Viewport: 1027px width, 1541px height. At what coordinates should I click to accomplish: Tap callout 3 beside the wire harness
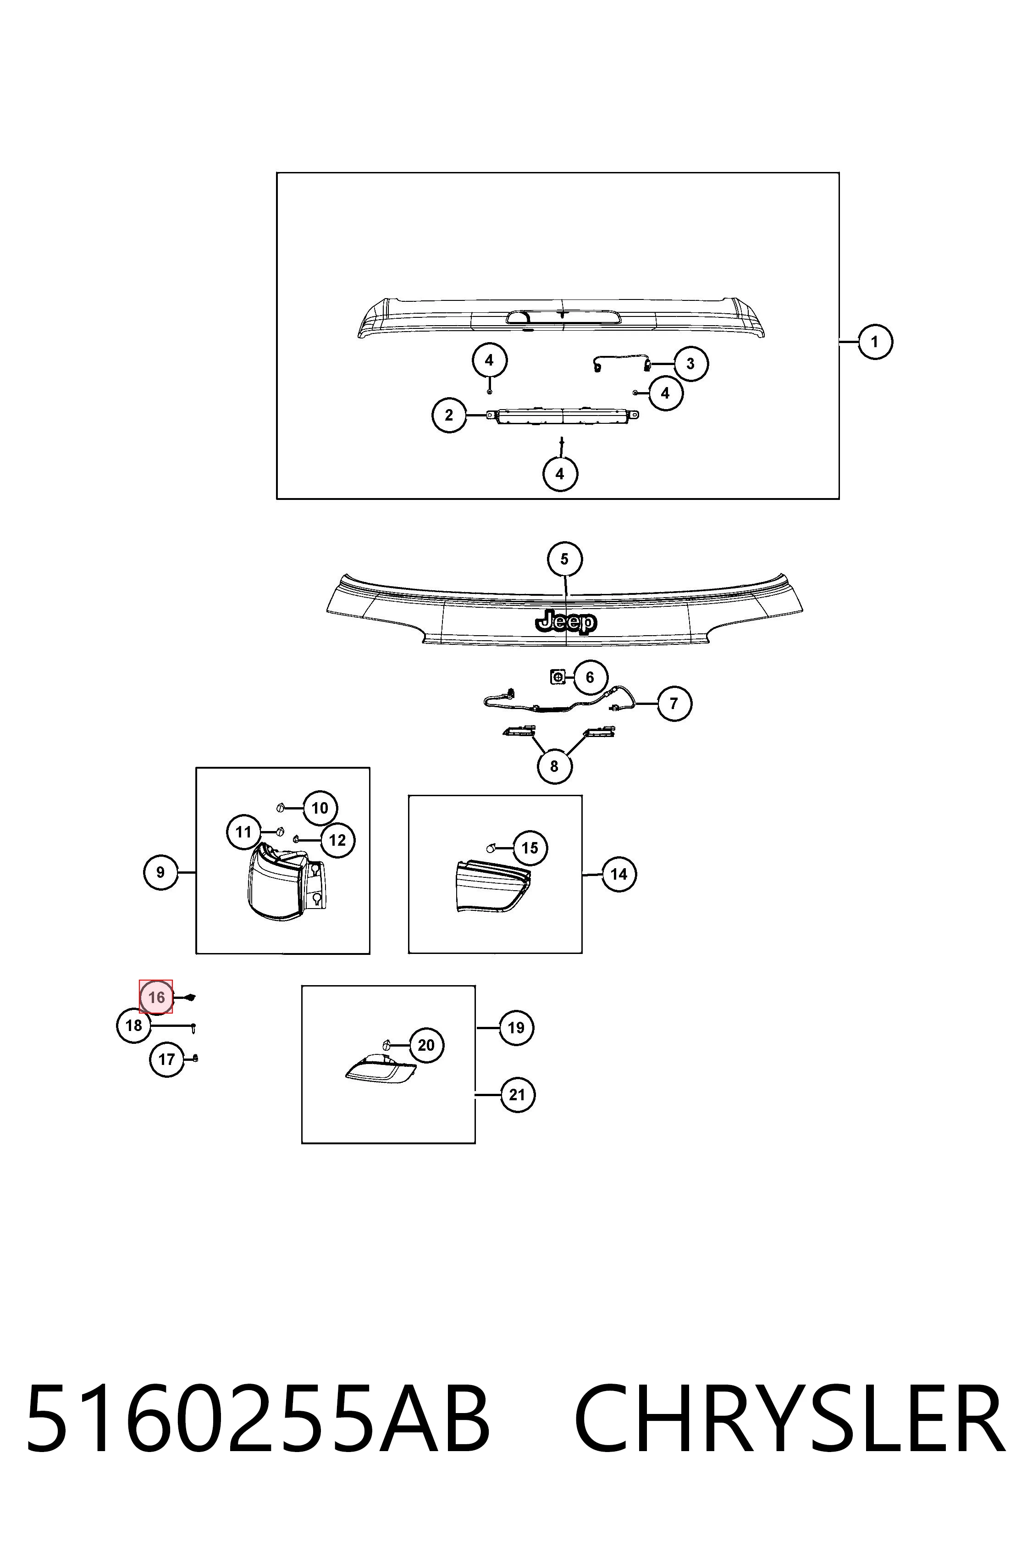(x=690, y=364)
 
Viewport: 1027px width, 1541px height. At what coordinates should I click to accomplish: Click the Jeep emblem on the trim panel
(x=566, y=621)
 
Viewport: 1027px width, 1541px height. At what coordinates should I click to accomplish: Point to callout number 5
(x=564, y=560)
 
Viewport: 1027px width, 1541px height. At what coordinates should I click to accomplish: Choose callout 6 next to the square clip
(x=590, y=677)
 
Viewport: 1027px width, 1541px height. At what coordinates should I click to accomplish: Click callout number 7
(x=674, y=704)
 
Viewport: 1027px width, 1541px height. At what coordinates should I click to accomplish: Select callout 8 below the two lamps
(x=554, y=766)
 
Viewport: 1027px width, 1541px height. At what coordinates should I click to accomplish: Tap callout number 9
(x=160, y=872)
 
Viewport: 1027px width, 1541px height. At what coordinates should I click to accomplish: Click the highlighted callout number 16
(x=156, y=997)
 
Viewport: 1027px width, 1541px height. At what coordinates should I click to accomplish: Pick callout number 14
(x=619, y=874)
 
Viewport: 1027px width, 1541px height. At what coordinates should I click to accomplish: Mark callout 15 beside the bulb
(x=530, y=848)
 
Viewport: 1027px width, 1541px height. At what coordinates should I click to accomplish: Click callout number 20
(x=426, y=1045)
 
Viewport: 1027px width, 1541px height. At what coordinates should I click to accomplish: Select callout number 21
(x=518, y=1095)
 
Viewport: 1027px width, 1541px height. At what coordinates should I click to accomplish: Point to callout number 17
(x=167, y=1059)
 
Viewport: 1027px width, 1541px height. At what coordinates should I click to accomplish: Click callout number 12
(x=337, y=840)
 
